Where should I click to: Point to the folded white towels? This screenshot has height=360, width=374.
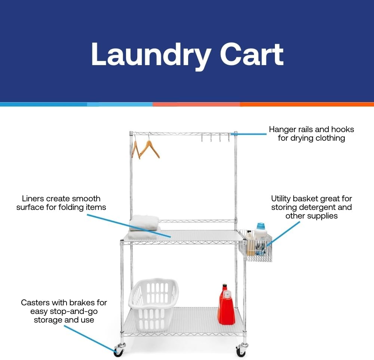click(x=144, y=223)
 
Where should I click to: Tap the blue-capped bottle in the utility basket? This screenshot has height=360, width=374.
click(x=261, y=233)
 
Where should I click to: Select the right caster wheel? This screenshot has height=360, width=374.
click(x=240, y=351)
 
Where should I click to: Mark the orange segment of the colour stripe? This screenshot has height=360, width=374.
click(x=307, y=104)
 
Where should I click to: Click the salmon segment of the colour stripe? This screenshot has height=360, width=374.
click(x=196, y=104)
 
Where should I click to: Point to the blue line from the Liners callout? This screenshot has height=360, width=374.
click(x=129, y=225)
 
